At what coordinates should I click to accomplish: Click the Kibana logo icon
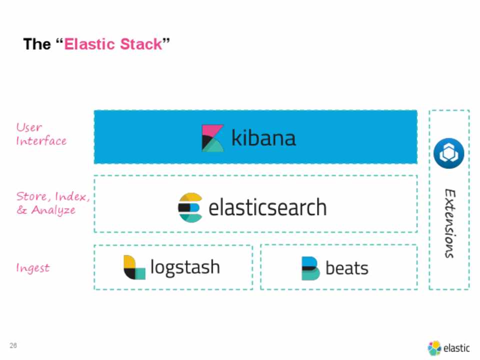tap(212, 138)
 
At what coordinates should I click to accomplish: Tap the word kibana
tap(263, 138)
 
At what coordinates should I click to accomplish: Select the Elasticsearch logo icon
tap(190, 207)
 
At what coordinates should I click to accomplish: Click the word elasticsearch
tap(267, 207)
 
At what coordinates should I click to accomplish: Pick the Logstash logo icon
tap(134, 267)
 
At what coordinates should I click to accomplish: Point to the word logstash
tap(185, 267)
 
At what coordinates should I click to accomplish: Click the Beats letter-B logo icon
tap(310, 268)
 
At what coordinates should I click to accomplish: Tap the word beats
tap(347, 268)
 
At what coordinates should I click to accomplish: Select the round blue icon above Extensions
tap(449, 153)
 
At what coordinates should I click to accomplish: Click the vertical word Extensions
tap(450, 223)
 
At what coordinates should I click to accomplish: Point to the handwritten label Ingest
tap(33, 268)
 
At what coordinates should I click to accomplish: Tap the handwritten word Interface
tap(41, 141)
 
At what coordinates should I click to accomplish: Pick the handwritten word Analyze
tap(53, 210)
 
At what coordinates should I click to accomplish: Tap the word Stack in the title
tap(141, 44)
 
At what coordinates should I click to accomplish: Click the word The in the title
tap(37, 44)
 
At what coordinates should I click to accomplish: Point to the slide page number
tap(13, 345)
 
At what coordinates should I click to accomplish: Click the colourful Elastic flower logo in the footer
tap(434, 348)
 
